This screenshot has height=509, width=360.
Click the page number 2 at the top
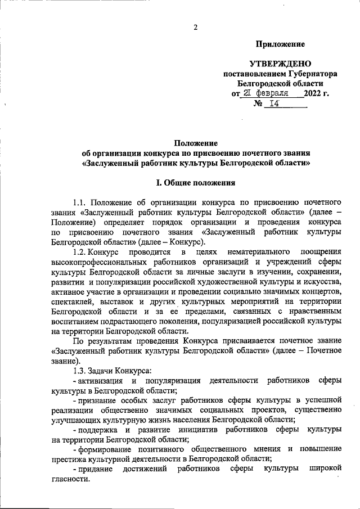tap(195, 27)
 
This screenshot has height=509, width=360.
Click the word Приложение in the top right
tap(280, 44)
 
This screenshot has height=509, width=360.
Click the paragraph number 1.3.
tap(81, 369)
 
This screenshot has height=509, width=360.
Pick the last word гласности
tap(69, 479)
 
